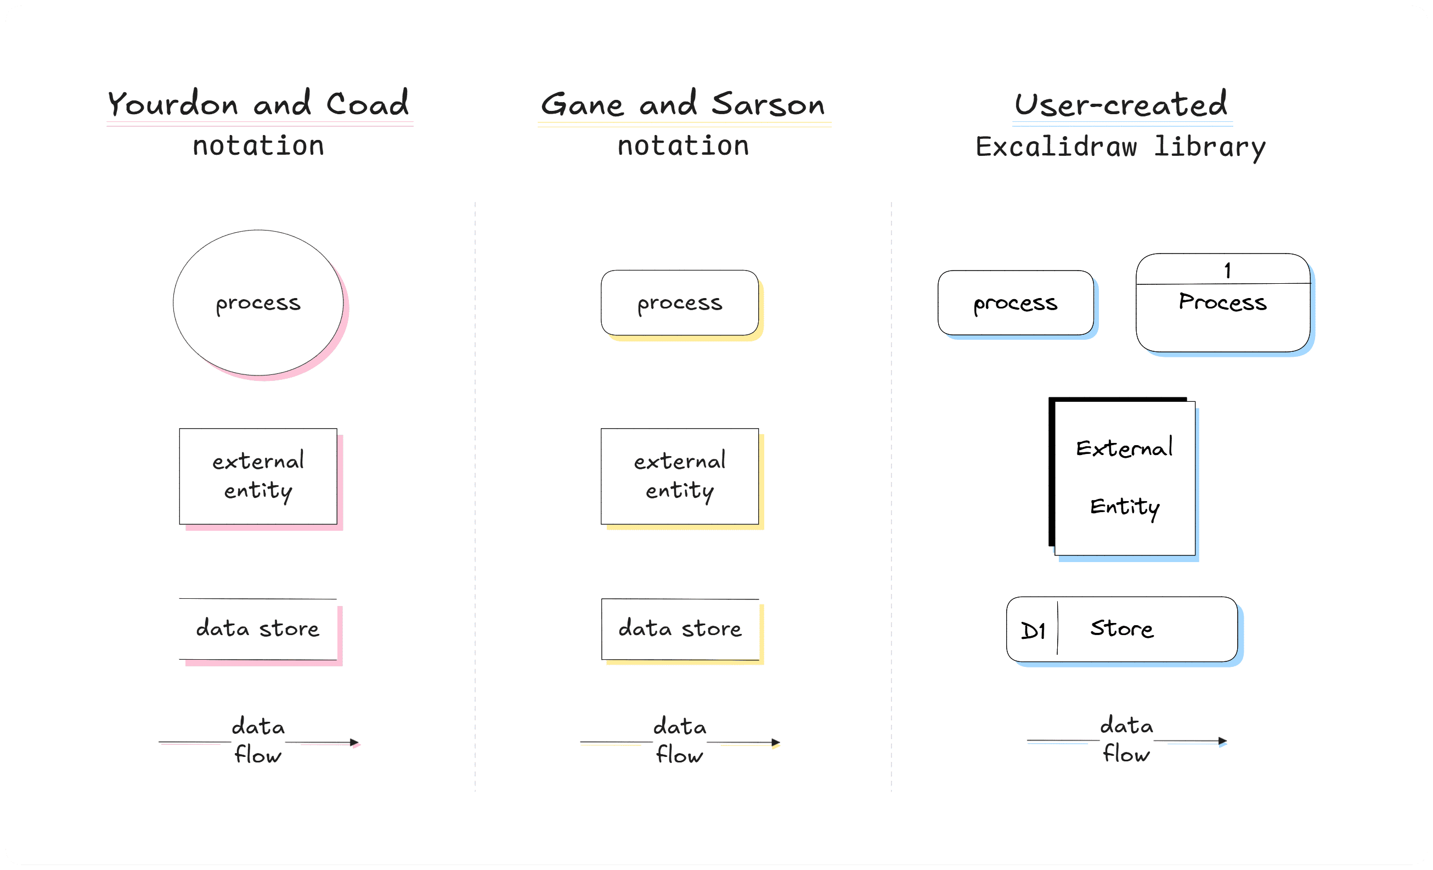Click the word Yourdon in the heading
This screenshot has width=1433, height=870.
pyautogui.click(x=173, y=105)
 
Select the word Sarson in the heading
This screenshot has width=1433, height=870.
pyautogui.click(x=768, y=105)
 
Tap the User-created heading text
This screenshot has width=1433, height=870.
pyautogui.click(x=1121, y=105)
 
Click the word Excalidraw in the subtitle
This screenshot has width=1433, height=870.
pyautogui.click(x=1056, y=147)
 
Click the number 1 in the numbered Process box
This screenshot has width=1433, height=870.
pyautogui.click(x=1227, y=271)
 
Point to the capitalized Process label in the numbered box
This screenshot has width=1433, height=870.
pyautogui.click(x=1222, y=302)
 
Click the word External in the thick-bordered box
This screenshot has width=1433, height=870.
pyautogui.click(x=1124, y=448)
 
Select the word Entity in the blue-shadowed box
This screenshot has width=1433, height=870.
pyautogui.click(x=1125, y=507)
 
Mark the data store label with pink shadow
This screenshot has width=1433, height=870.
pyautogui.click(x=258, y=629)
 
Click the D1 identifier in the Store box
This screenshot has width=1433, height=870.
pyautogui.click(x=1033, y=631)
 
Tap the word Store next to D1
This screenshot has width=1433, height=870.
pyautogui.click(x=1121, y=629)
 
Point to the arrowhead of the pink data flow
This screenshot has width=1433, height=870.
pyautogui.click(x=354, y=743)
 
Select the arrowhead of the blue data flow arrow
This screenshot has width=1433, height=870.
pyautogui.click(x=1222, y=741)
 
